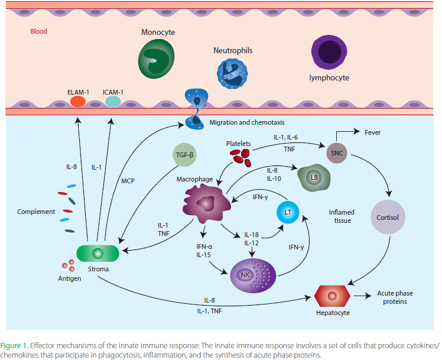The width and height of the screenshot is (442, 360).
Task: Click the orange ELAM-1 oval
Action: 78,102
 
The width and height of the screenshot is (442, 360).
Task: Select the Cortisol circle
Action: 387,216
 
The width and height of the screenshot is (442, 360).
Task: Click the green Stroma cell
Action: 98,254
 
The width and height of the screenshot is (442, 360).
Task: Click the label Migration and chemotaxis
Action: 247,122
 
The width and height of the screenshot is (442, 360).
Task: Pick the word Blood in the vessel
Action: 39,31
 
